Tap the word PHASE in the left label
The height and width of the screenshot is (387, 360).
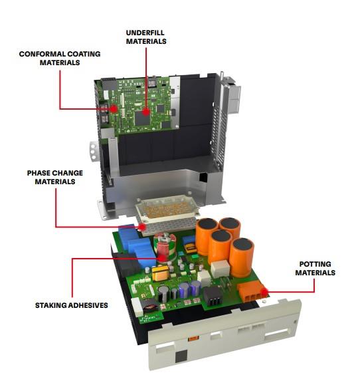pyautogui.click(x=39, y=173)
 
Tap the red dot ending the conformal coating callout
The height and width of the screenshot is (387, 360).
pyautogui.click(x=114, y=107)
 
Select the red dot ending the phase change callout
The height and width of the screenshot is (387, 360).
pyautogui.click(x=142, y=226)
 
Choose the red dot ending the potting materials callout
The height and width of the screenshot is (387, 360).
pyautogui.click(x=264, y=291)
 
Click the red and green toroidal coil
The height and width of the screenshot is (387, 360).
pyautogui.click(x=163, y=248)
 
